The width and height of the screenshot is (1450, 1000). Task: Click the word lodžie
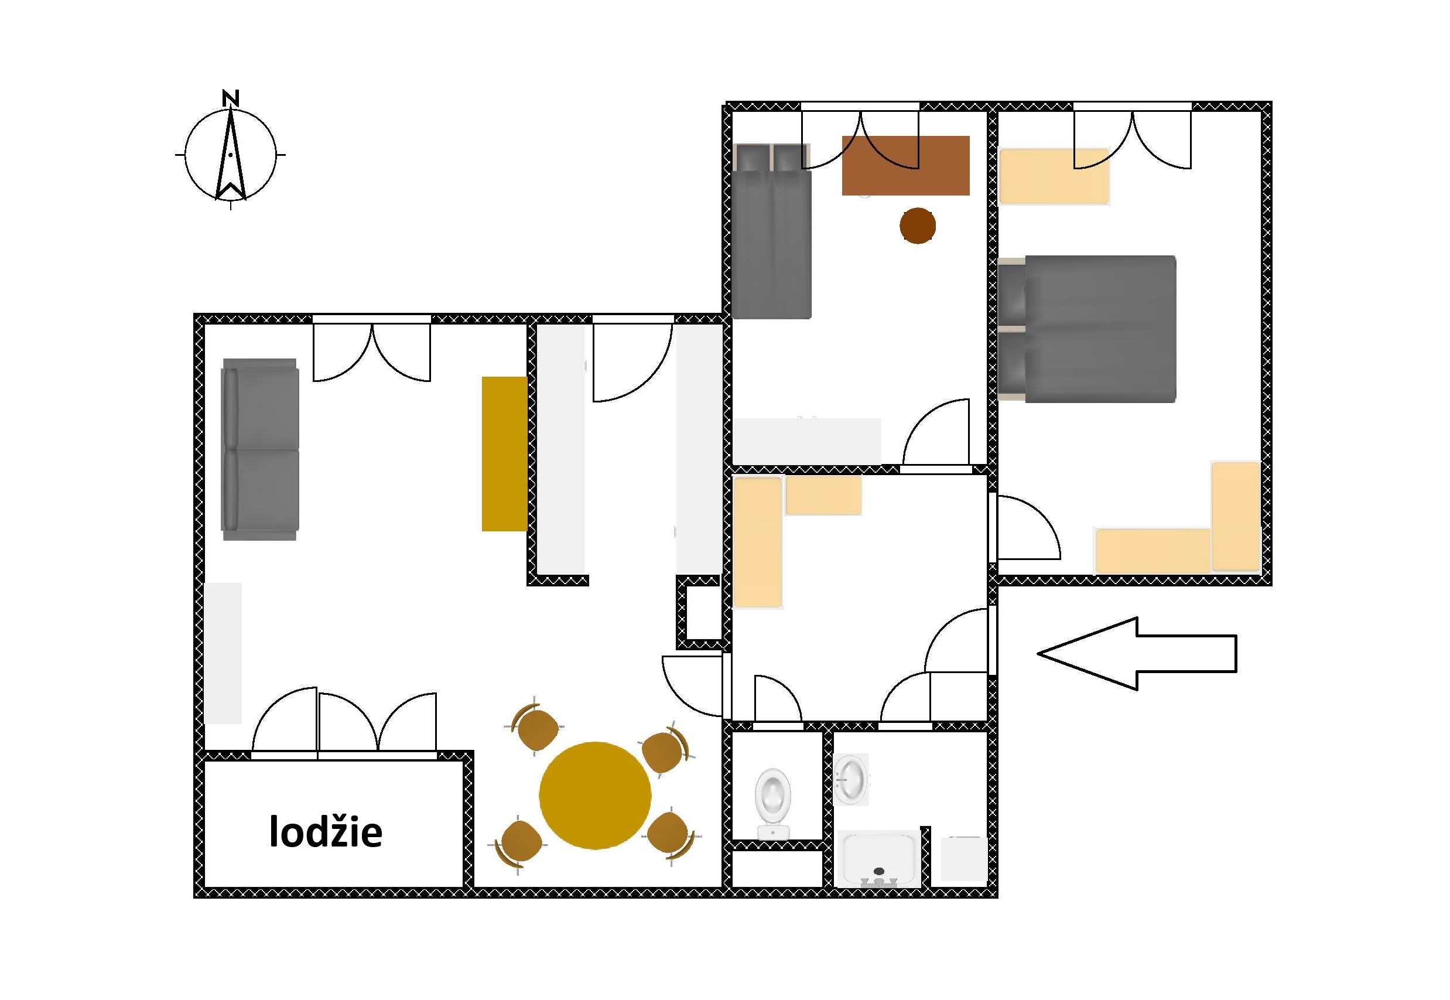326,832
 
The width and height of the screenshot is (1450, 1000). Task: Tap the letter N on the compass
231,98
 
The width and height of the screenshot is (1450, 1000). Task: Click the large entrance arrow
1137,654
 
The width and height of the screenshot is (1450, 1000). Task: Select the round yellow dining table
595,795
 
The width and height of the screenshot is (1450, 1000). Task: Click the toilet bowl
773,804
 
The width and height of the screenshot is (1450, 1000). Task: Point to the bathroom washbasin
851,780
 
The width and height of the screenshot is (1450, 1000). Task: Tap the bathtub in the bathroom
878,858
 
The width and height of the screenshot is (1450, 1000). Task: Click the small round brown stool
918,226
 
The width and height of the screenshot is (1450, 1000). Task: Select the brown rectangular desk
906,165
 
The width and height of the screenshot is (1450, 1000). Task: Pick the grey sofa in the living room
260,449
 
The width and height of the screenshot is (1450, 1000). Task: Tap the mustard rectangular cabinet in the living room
504,453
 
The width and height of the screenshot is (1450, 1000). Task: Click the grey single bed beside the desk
772,231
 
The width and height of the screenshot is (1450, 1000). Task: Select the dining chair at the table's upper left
535,728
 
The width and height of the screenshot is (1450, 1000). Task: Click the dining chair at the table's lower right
669,835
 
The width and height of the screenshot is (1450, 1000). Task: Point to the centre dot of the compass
231,154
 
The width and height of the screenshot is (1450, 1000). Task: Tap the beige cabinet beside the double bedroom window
1054,177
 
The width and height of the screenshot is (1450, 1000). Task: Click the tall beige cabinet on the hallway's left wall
758,542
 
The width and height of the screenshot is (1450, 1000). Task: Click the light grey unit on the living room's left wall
223,654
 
